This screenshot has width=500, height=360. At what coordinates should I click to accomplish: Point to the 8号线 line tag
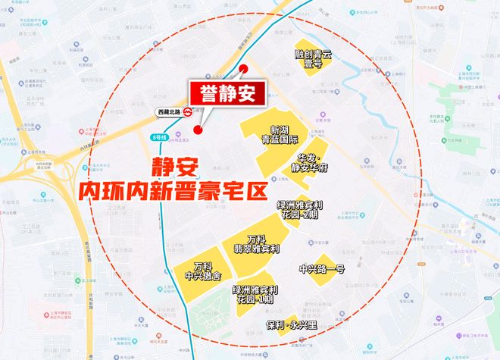click(x=158, y=137)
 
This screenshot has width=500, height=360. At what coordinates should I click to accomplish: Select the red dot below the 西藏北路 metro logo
click(x=198, y=130)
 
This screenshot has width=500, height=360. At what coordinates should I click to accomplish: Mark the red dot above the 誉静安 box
click(x=244, y=70)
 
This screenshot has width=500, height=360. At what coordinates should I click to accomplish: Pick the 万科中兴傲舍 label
click(x=202, y=271)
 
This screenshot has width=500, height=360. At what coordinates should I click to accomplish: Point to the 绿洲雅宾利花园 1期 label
click(x=255, y=295)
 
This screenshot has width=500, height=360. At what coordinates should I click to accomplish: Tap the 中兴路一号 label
click(x=322, y=269)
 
